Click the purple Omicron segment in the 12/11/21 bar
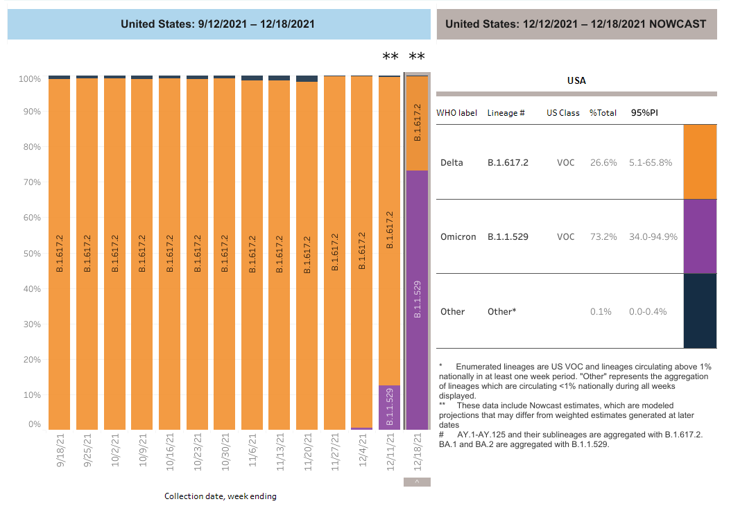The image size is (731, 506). (389, 408)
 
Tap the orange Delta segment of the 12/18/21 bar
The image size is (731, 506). (417, 123)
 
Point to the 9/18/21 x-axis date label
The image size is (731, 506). (60, 451)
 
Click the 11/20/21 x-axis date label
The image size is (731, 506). (307, 451)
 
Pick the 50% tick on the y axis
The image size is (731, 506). (30, 254)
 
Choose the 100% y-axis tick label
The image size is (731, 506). (28, 80)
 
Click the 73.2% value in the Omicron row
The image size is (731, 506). (603, 237)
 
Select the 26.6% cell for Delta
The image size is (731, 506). (603, 163)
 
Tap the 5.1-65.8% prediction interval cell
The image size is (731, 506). (650, 163)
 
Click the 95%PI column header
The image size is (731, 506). (644, 112)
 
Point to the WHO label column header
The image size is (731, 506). (456, 112)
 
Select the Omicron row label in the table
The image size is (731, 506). (458, 237)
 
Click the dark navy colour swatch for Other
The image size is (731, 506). (700, 311)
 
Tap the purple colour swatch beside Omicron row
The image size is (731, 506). (700, 236)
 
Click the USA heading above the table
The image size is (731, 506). (576, 80)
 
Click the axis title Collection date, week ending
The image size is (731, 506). (220, 496)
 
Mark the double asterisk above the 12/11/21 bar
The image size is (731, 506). (390, 58)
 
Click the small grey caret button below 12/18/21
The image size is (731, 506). (417, 482)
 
